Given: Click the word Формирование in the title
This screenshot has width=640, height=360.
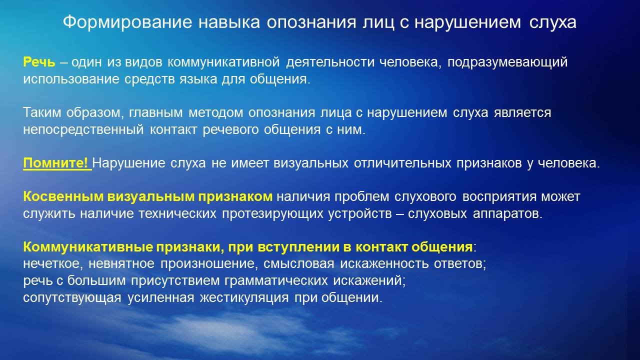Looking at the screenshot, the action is coord(127,22).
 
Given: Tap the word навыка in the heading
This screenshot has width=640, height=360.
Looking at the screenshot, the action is coord(229,22).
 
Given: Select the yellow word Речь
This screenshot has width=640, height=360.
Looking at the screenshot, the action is coord(39,62).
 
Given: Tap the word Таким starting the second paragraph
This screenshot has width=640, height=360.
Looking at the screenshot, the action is coord(42,112).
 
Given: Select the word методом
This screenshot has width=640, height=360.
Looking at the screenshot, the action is coord(215,112).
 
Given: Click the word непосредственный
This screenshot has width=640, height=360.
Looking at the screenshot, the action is coord(83,129).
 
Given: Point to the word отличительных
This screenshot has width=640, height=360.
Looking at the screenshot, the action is coord(402,163).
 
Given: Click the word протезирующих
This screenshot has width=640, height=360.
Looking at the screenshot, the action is coord(272,213).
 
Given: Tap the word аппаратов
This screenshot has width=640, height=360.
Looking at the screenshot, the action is coord(507,213).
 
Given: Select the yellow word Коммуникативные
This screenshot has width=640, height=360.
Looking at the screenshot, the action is coord(88,247).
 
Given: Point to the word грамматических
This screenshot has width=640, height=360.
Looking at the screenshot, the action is coord(276,280).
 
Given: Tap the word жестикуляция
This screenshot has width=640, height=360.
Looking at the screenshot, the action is coord(244,297).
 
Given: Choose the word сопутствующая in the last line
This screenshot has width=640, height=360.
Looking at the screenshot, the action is coord(72,297).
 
